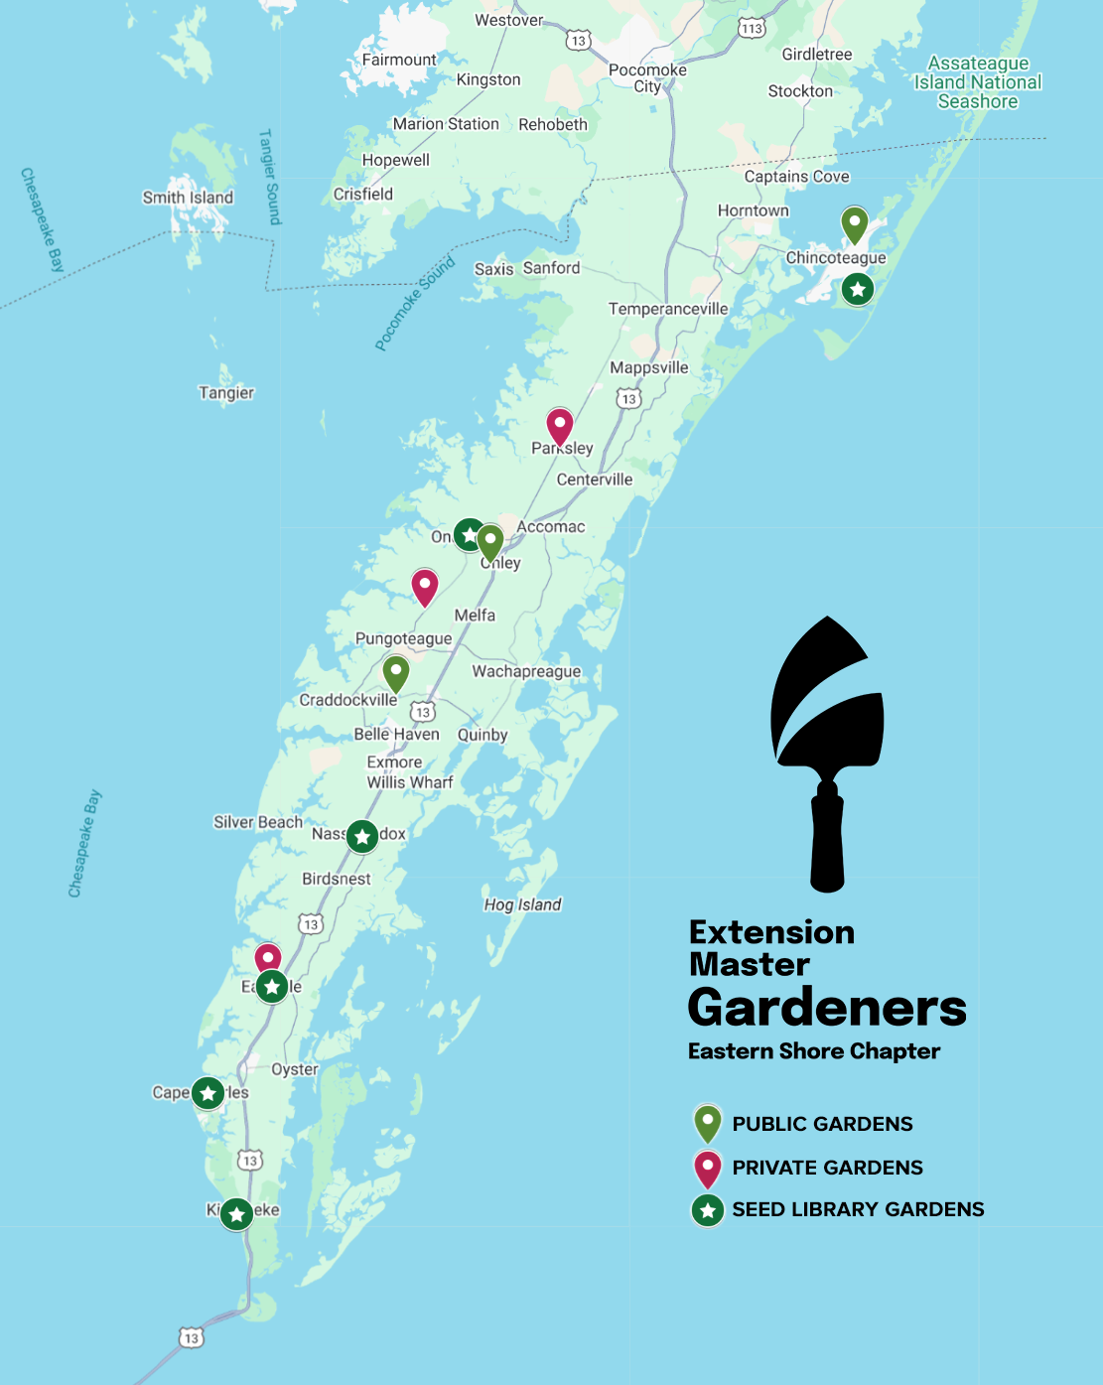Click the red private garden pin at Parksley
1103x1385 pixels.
coord(560,426)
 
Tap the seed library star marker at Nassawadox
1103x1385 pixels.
coord(362,837)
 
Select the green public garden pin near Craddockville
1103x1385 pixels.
coord(396,673)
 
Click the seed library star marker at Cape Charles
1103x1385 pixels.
coord(207,1093)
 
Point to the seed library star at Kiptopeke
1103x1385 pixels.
coord(236,1213)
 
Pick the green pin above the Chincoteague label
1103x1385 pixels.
coord(855,224)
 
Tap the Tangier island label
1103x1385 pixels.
coord(226,393)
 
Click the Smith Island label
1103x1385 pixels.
coord(188,198)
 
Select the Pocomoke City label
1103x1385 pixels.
coord(647,77)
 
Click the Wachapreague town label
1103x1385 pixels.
coord(526,672)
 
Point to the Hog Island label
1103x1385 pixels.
coord(522,904)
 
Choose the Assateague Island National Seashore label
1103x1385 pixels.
coord(978,82)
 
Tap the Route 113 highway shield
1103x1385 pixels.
coord(752,28)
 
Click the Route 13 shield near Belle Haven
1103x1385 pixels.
coord(424,712)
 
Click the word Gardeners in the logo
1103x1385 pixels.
coord(827,1008)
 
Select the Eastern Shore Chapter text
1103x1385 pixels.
coord(814,1051)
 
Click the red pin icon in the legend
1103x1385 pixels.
coord(707,1167)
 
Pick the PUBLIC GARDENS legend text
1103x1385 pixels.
coord(822,1124)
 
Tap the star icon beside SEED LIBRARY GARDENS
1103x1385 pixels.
coord(707,1209)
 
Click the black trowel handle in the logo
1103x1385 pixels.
coord(827,839)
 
